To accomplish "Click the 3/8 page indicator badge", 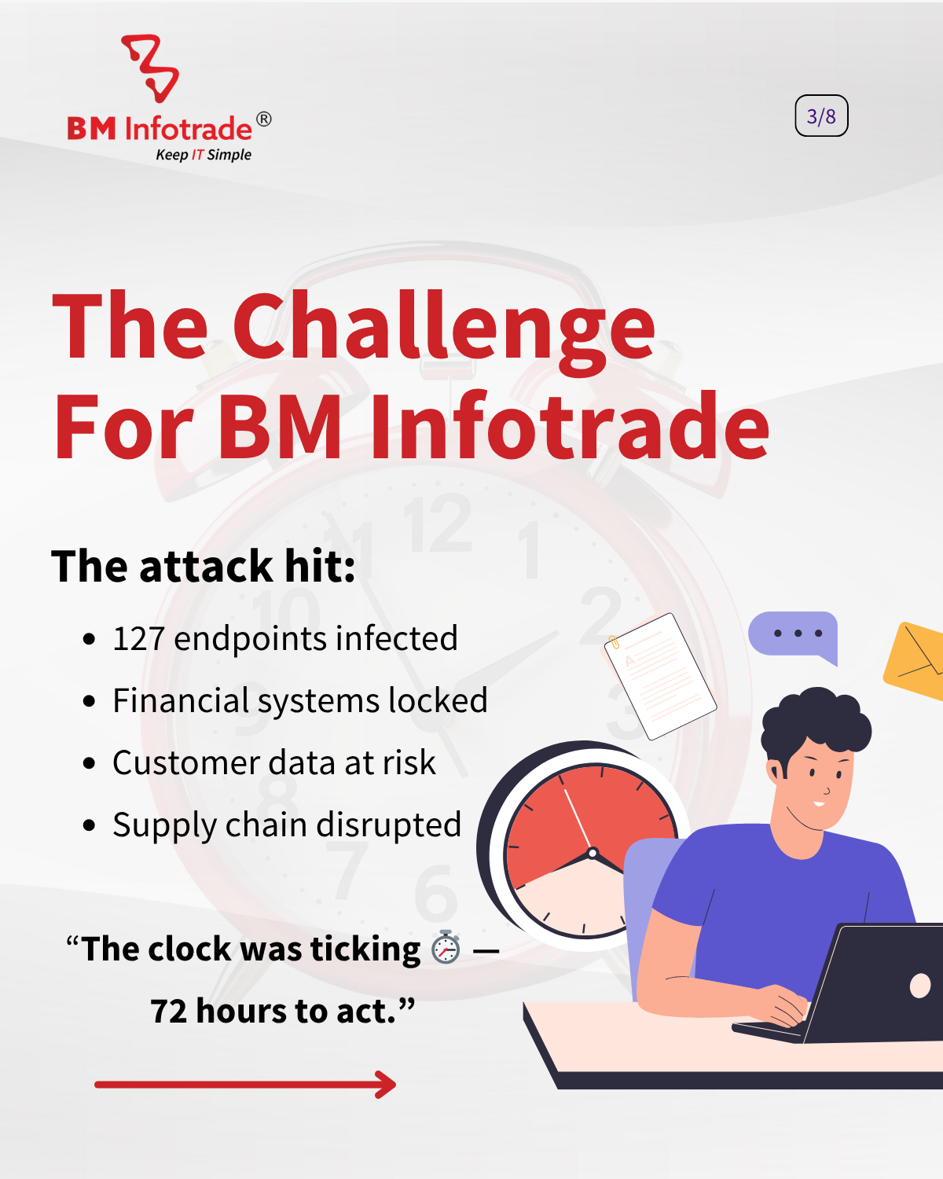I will coord(821,116).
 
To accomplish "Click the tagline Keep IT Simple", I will coord(204,155).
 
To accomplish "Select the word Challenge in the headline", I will coord(444,329).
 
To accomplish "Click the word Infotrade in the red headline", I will coord(569,428).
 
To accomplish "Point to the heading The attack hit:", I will coord(203,566).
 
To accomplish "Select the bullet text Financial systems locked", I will coord(299,700).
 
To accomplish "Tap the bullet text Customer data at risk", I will coord(273,762).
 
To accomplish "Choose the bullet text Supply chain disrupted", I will coord(287,825).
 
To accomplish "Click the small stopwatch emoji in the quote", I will coord(446,947).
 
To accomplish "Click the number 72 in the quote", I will coord(168,1012).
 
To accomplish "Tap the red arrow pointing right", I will coord(245,1085).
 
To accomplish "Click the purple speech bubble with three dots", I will coord(794,634).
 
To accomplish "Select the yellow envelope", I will coord(916,660).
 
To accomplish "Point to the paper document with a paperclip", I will coord(661,676).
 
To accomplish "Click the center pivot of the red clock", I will coord(593,853).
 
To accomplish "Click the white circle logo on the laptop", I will coord(919,986).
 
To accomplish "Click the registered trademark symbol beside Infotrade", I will coord(264,119).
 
